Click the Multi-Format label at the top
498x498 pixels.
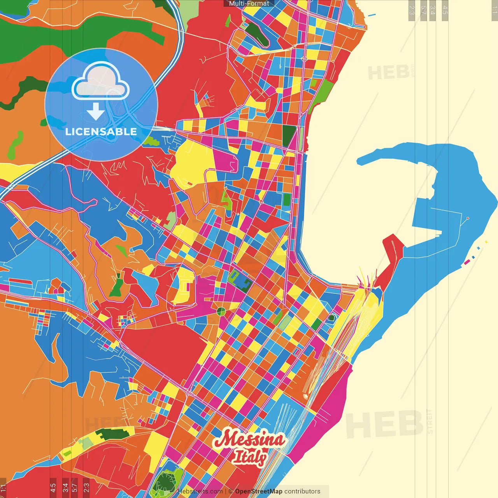[x=249, y=4]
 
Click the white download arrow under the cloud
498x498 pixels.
[x=96, y=112]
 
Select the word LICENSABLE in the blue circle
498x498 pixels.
[x=101, y=132]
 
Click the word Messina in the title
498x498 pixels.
[x=250, y=440]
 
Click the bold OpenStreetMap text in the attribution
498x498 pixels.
[x=259, y=491]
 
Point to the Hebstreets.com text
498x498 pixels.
[x=200, y=491]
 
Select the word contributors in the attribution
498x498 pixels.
[x=302, y=491]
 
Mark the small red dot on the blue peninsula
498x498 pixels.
[x=468, y=218]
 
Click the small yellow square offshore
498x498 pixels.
[x=486, y=242]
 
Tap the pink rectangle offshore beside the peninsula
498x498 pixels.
[x=466, y=262]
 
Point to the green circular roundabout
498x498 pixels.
[x=221, y=311]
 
